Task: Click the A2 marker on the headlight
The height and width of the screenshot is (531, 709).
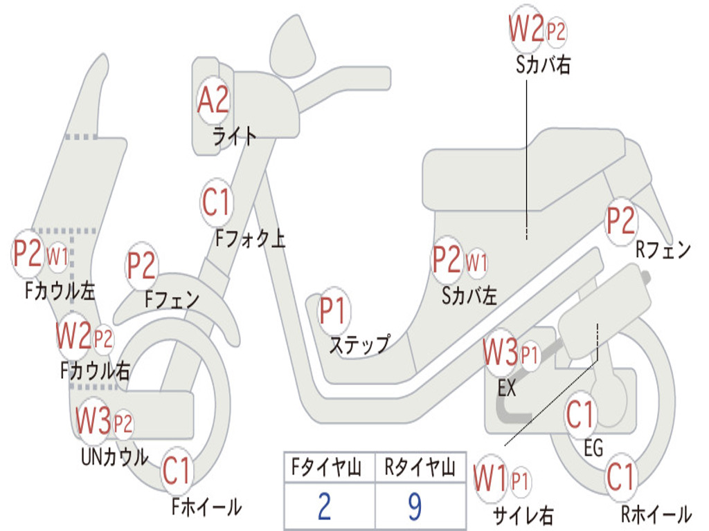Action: (213, 101)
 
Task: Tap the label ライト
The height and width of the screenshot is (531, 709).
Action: (235, 136)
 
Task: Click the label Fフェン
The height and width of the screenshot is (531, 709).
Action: (172, 299)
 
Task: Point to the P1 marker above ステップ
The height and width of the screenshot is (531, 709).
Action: (333, 312)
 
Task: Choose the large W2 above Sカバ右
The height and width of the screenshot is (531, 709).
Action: (526, 30)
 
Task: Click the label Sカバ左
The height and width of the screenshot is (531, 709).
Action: (469, 296)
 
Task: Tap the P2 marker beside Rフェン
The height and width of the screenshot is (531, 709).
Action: (620, 221)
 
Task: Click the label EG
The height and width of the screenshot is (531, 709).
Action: (593, 448)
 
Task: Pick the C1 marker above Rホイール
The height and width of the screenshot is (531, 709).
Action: (620, 477)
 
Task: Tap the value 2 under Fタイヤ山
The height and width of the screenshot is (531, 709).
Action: (324, 506)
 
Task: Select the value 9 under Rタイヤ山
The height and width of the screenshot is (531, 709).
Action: (415, 506)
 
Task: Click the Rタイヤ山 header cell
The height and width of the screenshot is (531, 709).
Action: (420, 469)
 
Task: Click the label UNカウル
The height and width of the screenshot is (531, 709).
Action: (115, 457)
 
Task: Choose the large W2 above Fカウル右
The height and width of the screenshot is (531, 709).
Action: (74, 337)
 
